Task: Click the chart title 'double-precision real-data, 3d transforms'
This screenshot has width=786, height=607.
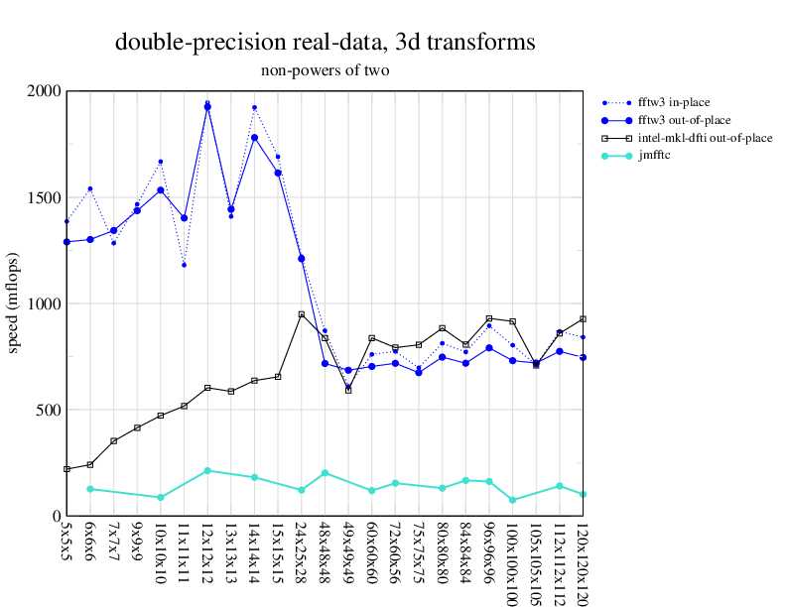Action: (x=326, y=43)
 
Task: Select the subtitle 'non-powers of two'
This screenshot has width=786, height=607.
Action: (x=326, y=70)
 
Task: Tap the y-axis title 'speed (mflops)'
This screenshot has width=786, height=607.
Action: (x=14, y=303)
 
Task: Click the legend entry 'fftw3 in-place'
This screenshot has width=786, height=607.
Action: (x=674, y=102)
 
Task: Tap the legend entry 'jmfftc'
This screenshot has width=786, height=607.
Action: (x=654, y=156)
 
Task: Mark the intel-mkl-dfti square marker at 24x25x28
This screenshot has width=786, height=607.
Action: (x=302, y=314)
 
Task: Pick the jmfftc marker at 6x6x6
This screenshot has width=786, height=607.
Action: (x=90, y=489)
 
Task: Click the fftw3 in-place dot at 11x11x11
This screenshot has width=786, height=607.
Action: (x=185, y=265)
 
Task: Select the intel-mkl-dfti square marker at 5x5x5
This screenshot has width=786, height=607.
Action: (x=66, y=469)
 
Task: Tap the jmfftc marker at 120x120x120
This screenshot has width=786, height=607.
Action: (x=583, y=494)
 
